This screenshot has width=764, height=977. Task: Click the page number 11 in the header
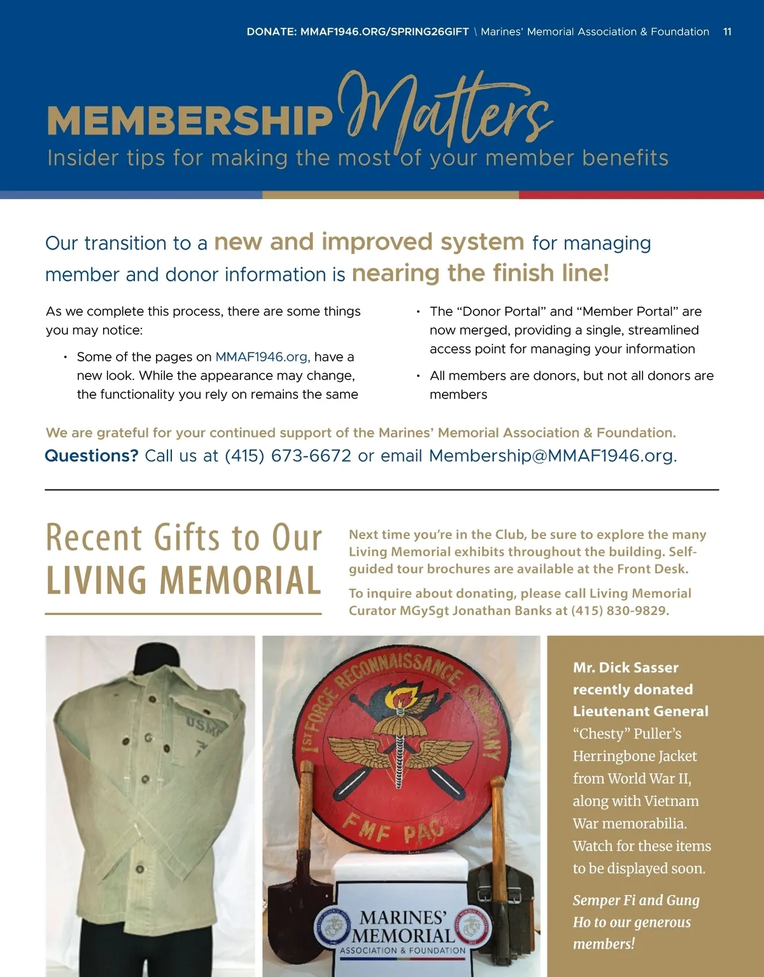[x=727, y=32]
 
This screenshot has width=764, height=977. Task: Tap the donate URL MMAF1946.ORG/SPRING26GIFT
[x=385, y=32]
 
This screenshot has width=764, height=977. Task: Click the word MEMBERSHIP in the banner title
[x=190, y=120]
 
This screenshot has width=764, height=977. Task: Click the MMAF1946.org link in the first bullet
[x=262, y=357]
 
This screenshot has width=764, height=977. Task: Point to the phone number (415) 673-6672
[x=288, y=456]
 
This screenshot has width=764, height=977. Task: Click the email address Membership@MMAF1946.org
[x=551, y=456]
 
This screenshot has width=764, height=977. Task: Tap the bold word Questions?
[x=91, y=456]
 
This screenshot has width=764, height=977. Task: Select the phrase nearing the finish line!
[x=480, y=273]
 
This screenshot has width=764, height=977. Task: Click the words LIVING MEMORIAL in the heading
[x=183, y=580]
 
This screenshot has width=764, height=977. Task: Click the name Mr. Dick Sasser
[x=625, y=668]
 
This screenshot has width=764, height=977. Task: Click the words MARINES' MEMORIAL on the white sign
[x=404, y=926]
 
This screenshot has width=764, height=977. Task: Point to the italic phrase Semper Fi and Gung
[x=635, y=901]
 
